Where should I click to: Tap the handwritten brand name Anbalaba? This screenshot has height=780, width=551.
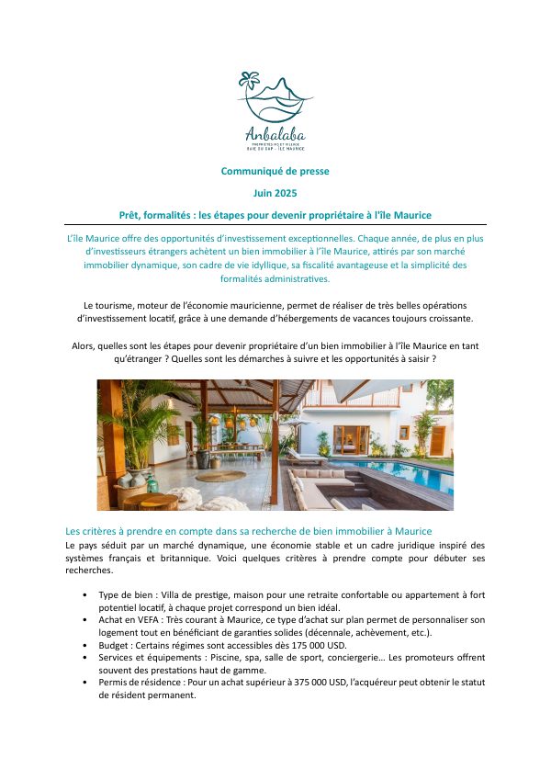(x=275, y=132)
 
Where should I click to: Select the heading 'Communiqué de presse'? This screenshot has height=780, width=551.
(x=275, y=171)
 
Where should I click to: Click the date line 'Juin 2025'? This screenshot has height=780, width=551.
(x=275, y=193)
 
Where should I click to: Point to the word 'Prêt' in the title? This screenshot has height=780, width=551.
(x=130, y=214)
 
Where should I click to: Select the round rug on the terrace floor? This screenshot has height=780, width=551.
(x=220, y=476)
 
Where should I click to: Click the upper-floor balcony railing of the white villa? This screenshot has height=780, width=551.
(x=404, y=401)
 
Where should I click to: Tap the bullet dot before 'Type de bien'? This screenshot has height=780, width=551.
(x=85, y=594)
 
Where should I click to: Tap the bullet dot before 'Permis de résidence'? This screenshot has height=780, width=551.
(x=85, y=683)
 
